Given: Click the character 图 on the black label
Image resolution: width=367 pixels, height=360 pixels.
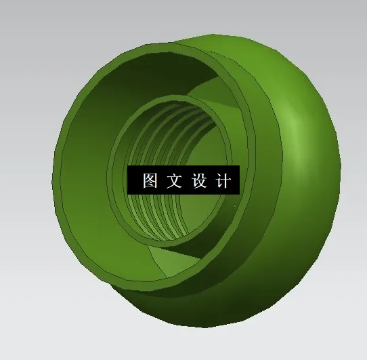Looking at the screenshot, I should click(x=150, y=181).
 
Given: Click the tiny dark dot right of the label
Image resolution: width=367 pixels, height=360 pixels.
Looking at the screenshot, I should click(x=234, y=205).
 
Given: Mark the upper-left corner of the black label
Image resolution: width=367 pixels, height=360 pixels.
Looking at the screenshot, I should click(x=127, y=167).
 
